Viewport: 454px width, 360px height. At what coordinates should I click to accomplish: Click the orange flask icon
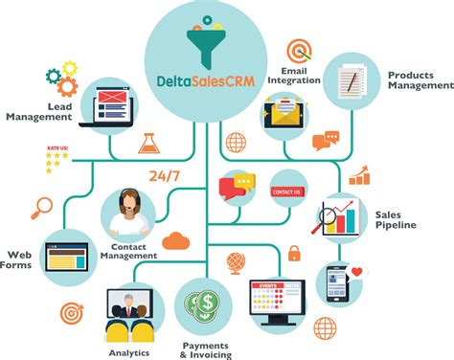[148, 145]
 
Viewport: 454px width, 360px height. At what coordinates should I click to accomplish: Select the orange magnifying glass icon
[42, 205]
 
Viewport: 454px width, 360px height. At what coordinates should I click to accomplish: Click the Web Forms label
[23, 260]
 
